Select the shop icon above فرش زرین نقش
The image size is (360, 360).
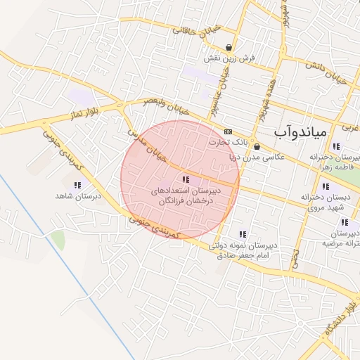[229, 47]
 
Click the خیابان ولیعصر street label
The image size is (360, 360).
[167, 104]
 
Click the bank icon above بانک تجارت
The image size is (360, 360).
[228, 131]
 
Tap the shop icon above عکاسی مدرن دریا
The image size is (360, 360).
[257, 147]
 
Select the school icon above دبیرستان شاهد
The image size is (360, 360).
[77, 185]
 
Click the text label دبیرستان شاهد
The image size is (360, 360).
[78, 196]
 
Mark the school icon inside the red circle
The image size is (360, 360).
[186, 179]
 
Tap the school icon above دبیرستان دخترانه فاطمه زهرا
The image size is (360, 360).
[336, 146]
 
